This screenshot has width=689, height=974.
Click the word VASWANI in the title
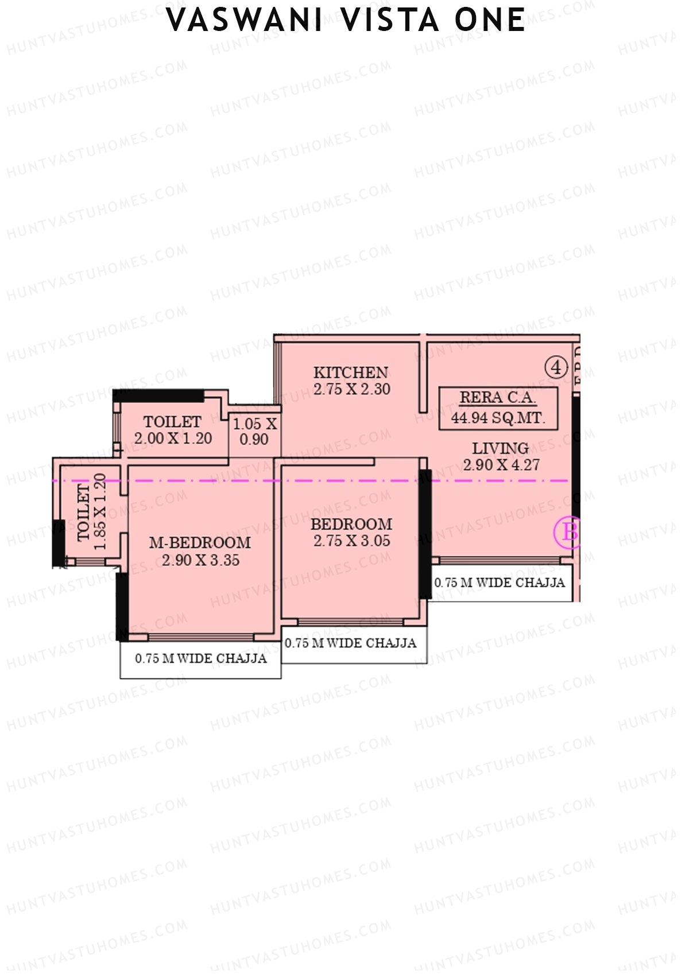coord(245,20)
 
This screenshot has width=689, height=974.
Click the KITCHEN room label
coord(351,372)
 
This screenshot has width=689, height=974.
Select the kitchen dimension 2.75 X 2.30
coord(352,389)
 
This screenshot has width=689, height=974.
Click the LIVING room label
coord(500,448)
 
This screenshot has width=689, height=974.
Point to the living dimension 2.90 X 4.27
coord(501,465)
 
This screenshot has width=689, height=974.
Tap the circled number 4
coord(556,367)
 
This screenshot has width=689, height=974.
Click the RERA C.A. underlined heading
coord(497,397)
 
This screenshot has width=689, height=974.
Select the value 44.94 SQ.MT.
coord(497,418)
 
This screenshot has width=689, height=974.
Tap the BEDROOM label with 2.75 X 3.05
coord(351,524)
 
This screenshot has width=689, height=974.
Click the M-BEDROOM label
coord(200,542)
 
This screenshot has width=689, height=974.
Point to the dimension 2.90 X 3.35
coord(200,560)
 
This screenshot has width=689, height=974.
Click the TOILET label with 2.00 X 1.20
coord(172,422)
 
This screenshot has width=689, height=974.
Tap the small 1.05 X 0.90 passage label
coord(254,432)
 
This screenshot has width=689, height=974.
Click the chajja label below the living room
coord(500,583)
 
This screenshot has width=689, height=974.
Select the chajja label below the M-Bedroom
coord(200,658)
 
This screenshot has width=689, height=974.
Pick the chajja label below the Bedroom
coord(350,643)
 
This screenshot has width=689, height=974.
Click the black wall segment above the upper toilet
coord(159,395)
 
